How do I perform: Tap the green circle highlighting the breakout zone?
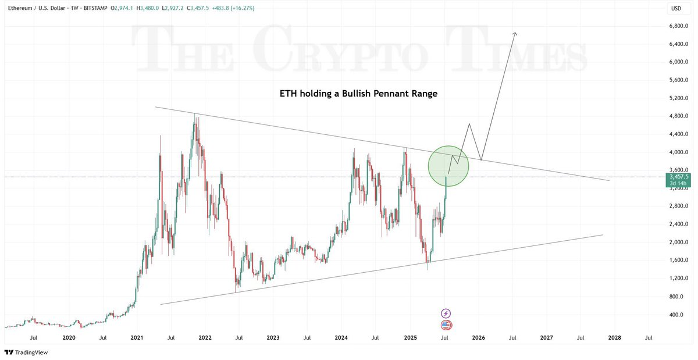tap(449, 166)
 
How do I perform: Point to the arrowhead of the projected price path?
tap(514, 34)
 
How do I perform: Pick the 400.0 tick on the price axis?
tap(676, 315)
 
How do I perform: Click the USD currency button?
tap(676, 8)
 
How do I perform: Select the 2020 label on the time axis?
tap(69, 337)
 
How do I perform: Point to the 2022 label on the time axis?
tap(205, 337)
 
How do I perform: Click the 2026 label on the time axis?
tap(478, 337)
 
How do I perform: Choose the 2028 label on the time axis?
tap(614, 337)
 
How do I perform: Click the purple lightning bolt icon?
tap(446, 313)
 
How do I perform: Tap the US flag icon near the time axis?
tap(446, 325)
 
